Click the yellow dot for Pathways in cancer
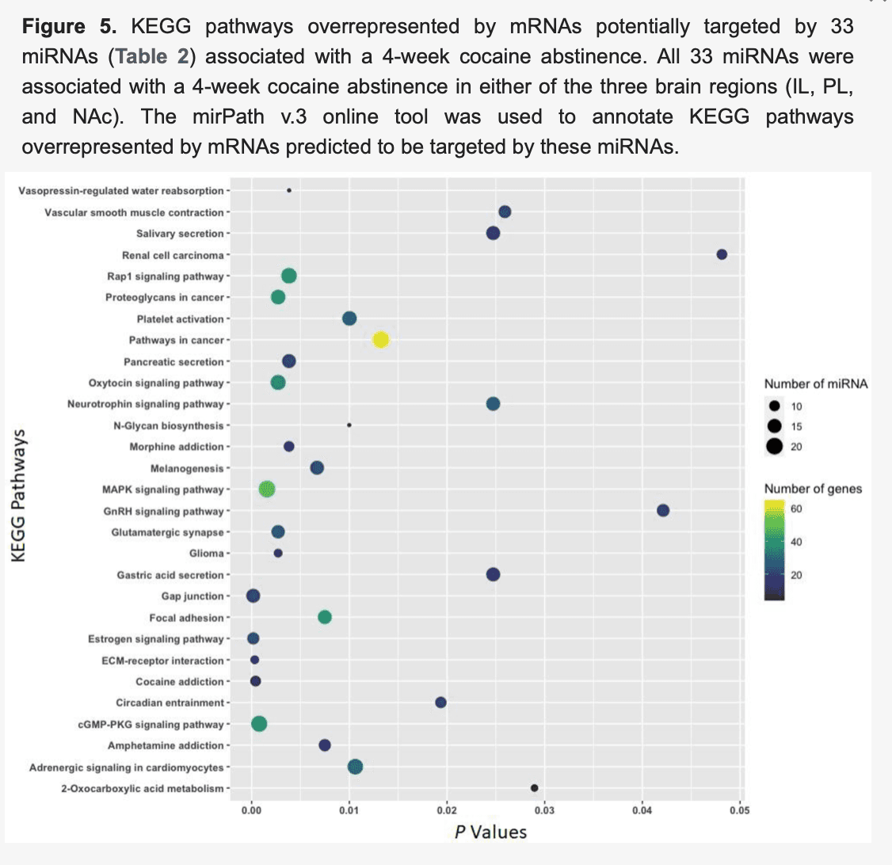coord(380,340)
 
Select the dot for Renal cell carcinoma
coord(722,254)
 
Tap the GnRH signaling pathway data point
coord(663,510)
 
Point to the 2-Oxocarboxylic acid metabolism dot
coord(535,788)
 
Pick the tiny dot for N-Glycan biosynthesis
coord(349,425)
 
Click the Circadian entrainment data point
coord(441,703)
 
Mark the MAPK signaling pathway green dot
coord(267,490)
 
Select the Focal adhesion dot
coord(325,617)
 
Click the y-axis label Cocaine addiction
coord(180,682)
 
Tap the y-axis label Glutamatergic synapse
coord(167,532)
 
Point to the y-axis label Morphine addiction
coord(177,447)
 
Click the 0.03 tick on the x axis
coord(544,810)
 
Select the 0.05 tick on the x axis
coord(740,810)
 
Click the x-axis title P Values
coord(490,832)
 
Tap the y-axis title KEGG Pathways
coord(20,495)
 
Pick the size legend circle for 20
coord(774,446)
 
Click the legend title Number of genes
coord(813,489)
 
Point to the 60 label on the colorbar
coord(796,508)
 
